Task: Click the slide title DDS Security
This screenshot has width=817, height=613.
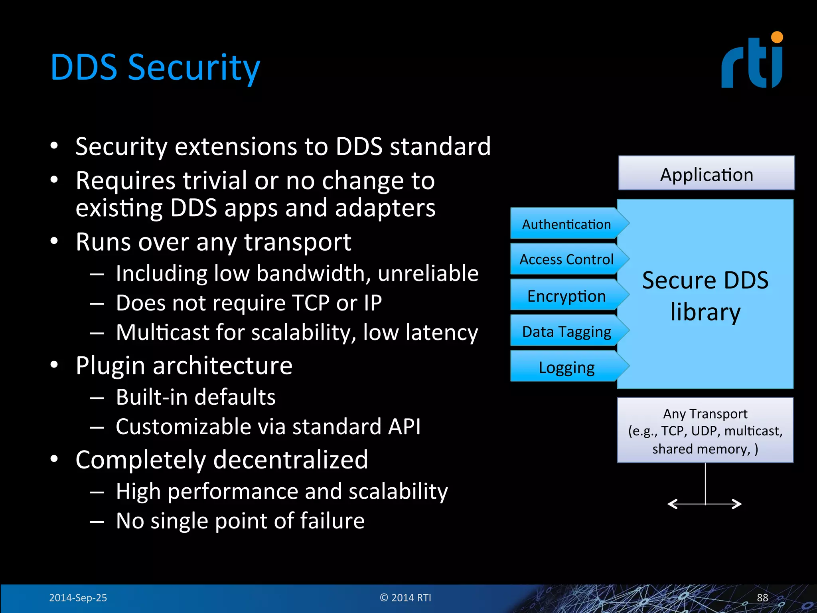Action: [x=155, y=68]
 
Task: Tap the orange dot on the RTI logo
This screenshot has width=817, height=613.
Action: [x=777, y=38]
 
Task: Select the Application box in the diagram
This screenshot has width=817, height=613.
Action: [x=706, y=174]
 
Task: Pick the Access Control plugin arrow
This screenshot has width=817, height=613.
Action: [x=566, y=259]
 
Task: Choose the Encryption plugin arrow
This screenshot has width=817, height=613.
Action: [x=566, y=295]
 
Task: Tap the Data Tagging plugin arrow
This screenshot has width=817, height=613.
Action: [x=566, y=331]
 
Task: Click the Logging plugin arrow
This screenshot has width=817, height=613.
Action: [x=566, y=367]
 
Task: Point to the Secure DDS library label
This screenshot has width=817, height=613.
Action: [x=705, y=295]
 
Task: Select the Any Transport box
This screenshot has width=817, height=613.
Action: [x=705, y=431]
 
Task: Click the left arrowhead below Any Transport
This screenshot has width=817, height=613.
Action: [x=672, y=504]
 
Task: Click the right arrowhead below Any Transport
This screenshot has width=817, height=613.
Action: [x=738, y=504]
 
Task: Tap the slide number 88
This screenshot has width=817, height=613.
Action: [x=762, y=597]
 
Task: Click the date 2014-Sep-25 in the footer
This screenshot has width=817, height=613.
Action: [x=78, y=597]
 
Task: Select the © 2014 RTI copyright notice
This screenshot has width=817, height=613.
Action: [x=405, y=597]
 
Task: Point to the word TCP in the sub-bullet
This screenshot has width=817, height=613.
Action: [x=310, y=303]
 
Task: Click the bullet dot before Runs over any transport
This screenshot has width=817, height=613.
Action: [x=55, y=241]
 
